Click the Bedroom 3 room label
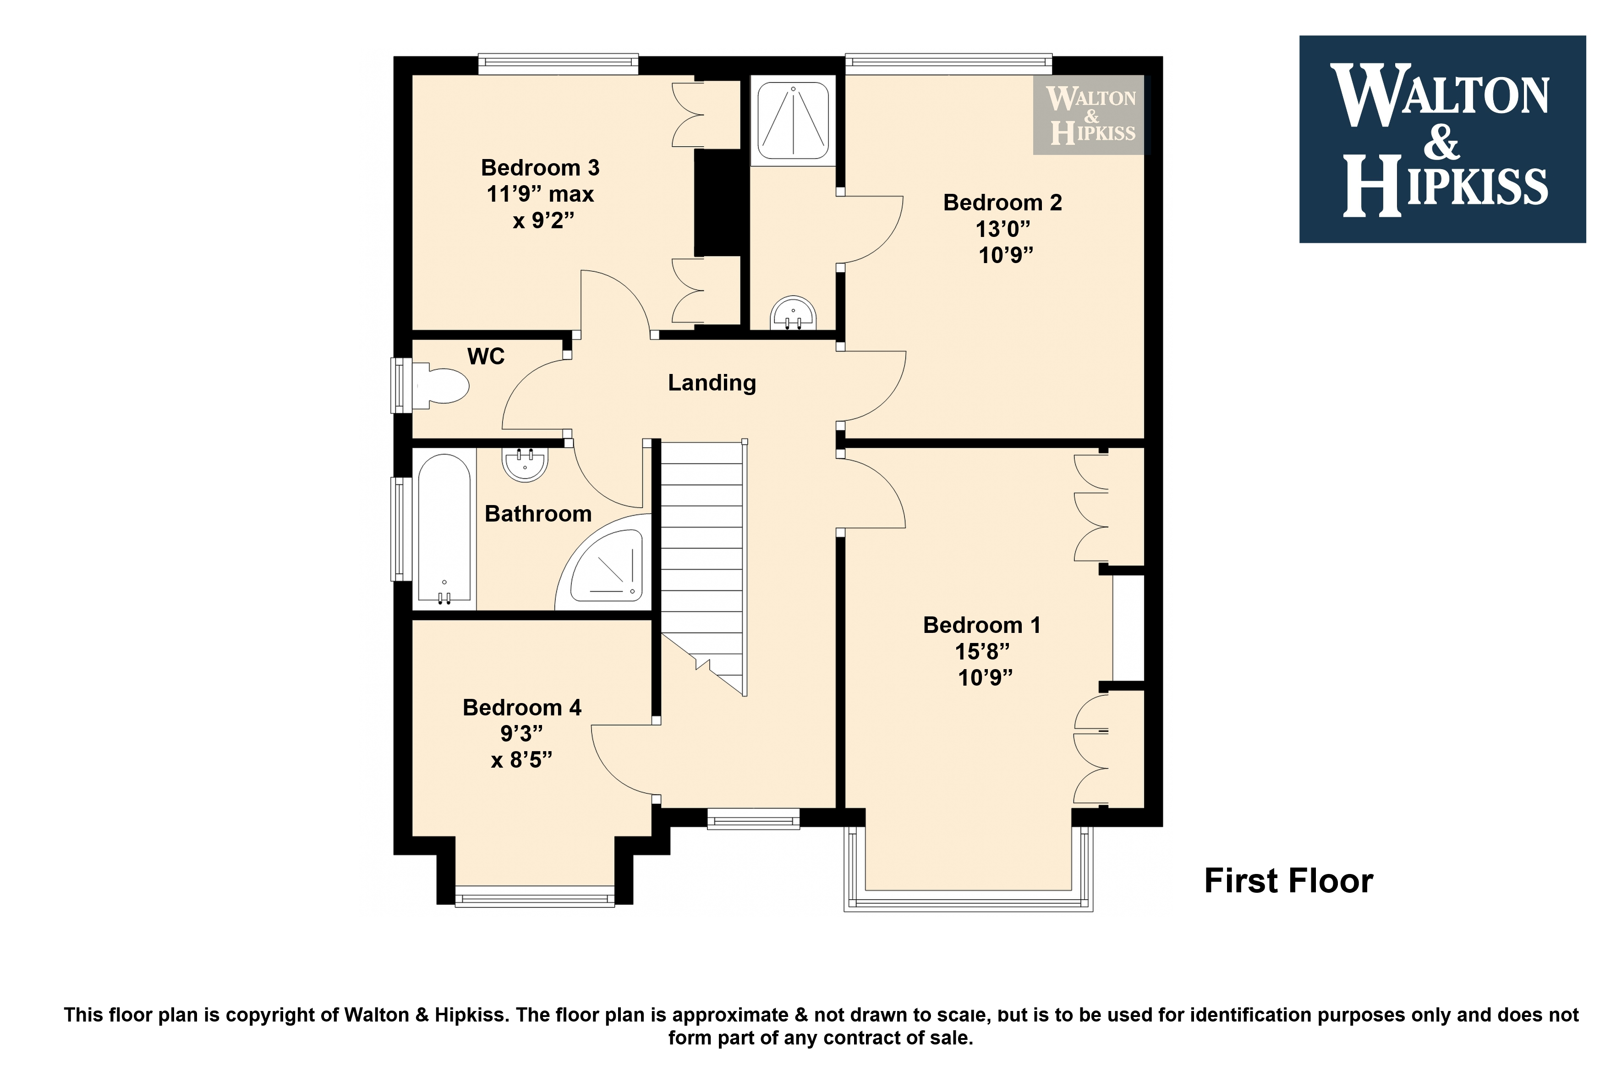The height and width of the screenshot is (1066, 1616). tap(540, 167)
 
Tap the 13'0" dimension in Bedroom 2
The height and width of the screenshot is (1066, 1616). tap(1002, 229)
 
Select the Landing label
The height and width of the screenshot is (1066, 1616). tap(712, 383)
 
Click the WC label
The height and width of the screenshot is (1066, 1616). tap(486, 356)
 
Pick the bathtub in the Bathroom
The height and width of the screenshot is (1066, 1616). tap(444, 529)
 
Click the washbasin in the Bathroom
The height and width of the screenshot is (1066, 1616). tap(525, 464)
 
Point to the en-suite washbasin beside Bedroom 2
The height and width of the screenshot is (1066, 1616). tap(793, 313)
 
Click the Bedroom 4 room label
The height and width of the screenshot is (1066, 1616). tap(522, 707)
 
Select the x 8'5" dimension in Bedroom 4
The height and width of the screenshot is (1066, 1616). tap(521, 759)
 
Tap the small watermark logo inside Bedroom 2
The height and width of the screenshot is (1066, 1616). tap(1089, 115)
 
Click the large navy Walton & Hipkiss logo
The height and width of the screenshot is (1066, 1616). tap(1442, 139)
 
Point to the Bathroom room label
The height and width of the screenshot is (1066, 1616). tap(537, 513)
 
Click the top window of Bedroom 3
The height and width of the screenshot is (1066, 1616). tap(558, 64)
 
